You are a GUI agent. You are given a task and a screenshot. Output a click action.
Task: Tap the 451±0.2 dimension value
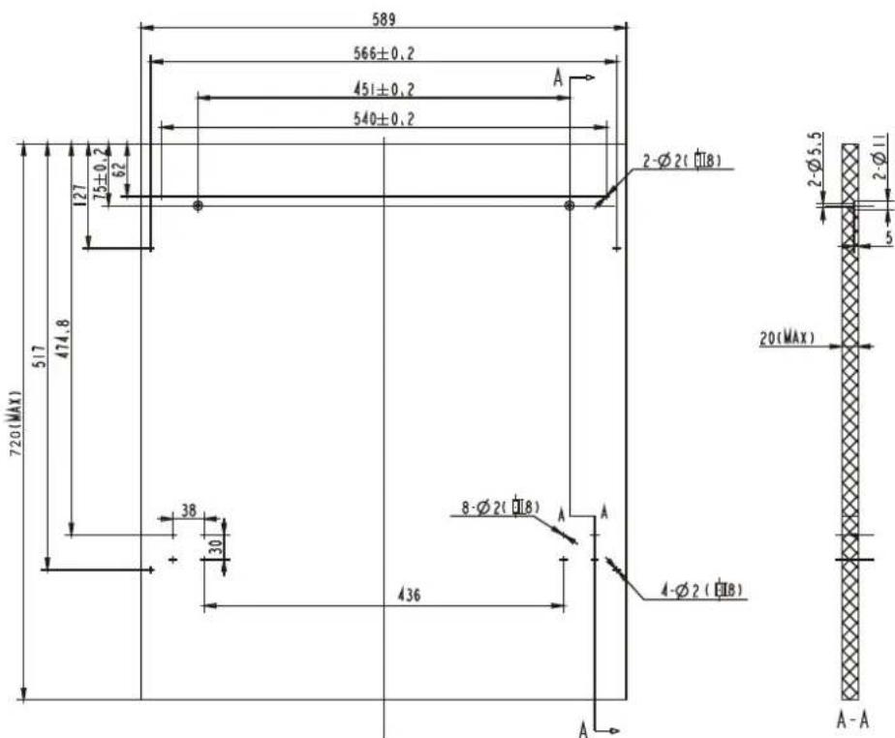coord(384,89)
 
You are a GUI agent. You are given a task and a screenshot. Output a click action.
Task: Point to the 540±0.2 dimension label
coord(384,119)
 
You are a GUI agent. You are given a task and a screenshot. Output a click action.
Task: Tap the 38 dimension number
coord(189,509)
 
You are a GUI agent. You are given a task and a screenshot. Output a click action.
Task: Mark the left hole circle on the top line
coord(198,205)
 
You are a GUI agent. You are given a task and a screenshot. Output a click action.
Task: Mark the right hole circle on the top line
coord(570,205)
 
